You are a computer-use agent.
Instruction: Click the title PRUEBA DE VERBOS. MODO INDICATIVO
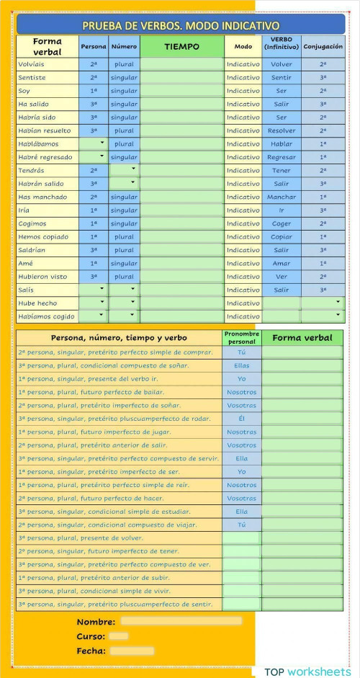[180, 26]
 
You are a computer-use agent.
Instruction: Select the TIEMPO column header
[181, 46]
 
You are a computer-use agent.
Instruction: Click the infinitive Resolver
[282, 130]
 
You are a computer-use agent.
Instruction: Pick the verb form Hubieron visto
[42, 276]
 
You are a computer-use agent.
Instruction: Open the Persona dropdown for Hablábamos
[94, 143]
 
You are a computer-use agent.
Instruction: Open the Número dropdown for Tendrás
[124, 170]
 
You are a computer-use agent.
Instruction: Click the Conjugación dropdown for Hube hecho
[323, 303]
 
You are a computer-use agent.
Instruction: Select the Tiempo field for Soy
[181, 91]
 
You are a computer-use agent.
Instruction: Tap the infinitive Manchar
[282, 197]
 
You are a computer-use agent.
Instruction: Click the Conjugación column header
[323, 46]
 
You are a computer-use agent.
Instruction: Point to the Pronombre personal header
[241, 338]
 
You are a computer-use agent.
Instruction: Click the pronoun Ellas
[241, 365]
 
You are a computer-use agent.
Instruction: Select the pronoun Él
[241, 418]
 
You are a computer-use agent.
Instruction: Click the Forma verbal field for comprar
[302, 352]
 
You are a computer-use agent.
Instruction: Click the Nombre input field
[181, 621]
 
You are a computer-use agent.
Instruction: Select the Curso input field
[119, 636]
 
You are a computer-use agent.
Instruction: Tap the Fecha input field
[132, 651]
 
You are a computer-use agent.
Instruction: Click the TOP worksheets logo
[307, 672]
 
